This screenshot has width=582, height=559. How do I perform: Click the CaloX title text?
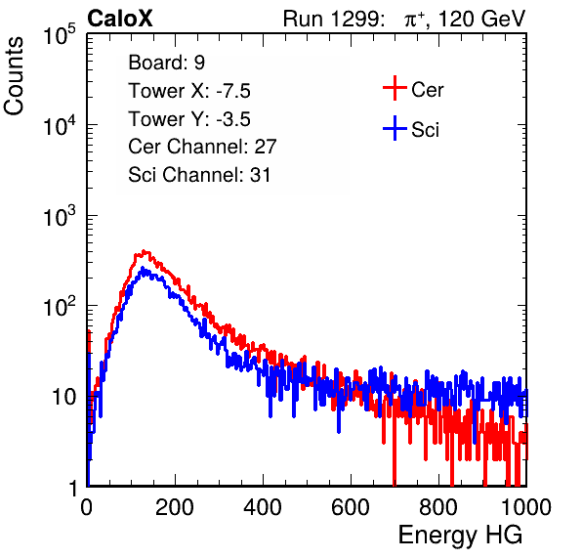point(119,19)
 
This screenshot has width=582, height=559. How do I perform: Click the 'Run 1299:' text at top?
point(333,19)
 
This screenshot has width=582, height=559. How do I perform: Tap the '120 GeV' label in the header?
point(481,19)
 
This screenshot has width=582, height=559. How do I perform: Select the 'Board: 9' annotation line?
point(167,63)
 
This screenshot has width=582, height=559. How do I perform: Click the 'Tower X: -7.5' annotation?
point(189,91)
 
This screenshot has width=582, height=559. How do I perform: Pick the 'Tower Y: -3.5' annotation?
point(189,119)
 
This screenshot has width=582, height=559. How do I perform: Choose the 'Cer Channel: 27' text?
point(202,147)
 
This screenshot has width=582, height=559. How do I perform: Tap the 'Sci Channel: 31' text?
point(199,175)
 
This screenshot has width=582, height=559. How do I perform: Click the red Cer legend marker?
point(395,88)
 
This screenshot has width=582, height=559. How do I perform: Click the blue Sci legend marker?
point(395,129)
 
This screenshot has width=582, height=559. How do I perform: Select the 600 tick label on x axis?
point(351,507)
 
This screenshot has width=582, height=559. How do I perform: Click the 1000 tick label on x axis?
point(526,507)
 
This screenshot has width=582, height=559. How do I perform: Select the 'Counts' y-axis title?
point(14,76)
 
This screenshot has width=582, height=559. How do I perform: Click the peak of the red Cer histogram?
point(145,252)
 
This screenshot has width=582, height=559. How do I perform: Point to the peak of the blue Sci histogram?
point(143,268)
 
